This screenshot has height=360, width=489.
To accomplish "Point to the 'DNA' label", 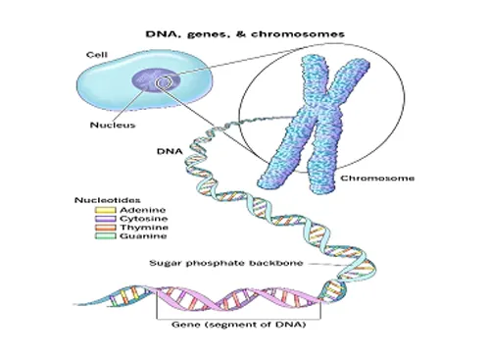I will coord(169,153).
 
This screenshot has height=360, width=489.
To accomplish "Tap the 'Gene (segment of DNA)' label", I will coord(233,325).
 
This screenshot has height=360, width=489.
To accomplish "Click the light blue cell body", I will coord(108,78).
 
